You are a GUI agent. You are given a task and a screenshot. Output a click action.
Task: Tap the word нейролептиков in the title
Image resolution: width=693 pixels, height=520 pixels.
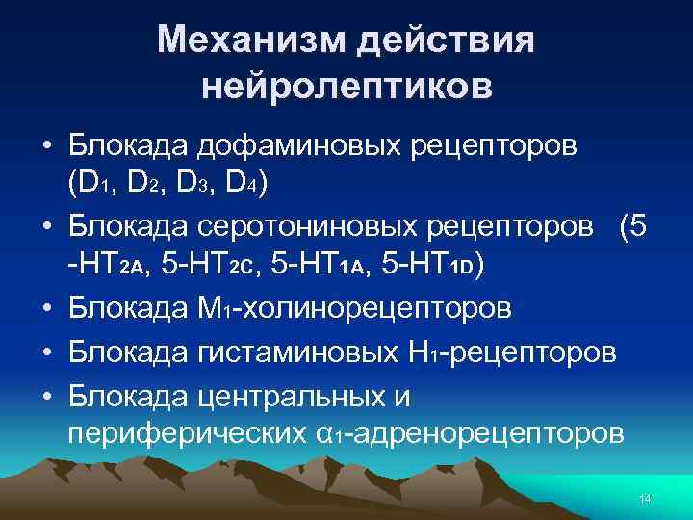pos(346,88)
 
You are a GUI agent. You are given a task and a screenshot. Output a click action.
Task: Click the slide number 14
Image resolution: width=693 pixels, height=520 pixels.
pos(645,498)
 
